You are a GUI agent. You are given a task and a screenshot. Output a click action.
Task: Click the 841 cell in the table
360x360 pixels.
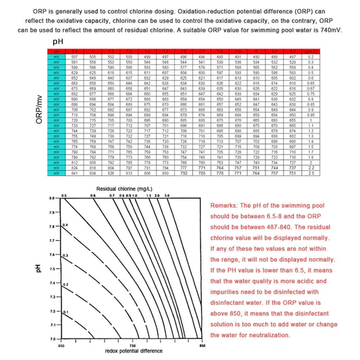pos(75,173)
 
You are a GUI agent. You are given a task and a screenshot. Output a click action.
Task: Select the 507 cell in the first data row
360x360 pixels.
pos(75,57)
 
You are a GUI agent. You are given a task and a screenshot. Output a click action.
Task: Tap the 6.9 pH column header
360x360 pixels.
pos(75,53)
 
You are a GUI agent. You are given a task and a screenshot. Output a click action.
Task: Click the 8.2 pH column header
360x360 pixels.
pos(292,53)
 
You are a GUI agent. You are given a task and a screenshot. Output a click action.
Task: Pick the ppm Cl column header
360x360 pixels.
pos(310,53)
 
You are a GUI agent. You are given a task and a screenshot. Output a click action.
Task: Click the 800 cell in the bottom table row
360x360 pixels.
pos(165,173)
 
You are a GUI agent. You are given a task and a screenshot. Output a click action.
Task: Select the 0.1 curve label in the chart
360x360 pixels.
pos(65,312)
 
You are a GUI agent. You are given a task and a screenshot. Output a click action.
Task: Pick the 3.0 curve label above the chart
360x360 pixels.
pos(166,195)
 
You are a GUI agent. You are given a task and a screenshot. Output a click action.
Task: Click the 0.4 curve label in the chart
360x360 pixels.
pos(65,225)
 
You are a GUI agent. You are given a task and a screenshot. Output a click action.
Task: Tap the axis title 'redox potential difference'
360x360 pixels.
pos(133,351)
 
